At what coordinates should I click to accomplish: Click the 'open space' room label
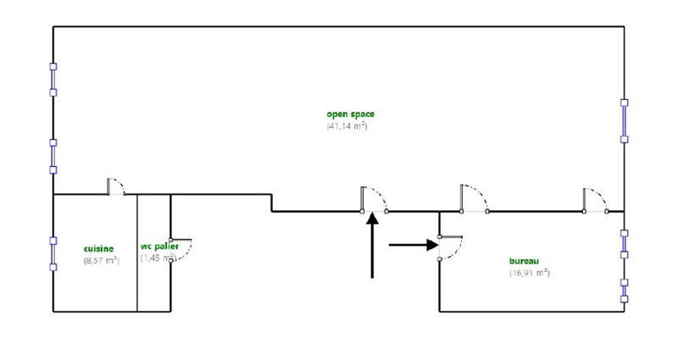[350, 114]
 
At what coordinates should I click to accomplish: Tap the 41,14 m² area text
[347, 126]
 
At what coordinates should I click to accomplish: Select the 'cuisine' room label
[99, 248]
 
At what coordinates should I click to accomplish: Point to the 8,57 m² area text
[101, 261]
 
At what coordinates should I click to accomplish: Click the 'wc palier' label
[159, 247]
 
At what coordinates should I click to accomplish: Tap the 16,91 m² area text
[530, 273]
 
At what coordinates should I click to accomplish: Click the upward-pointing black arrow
[372, 246]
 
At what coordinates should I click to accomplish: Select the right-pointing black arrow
[414, 246]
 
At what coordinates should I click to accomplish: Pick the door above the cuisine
[116, 186]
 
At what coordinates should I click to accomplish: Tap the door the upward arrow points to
[373, 199]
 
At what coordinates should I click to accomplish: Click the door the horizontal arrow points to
[450, 246]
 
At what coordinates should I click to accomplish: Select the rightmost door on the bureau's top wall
[593, 200]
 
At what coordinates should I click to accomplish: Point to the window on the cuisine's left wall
[53, 252]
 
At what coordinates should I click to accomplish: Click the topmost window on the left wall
[53, 83]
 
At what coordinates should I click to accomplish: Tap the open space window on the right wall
[625, 119]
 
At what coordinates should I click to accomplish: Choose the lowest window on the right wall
[625, 289]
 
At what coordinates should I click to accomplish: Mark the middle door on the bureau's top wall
[471, 199]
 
